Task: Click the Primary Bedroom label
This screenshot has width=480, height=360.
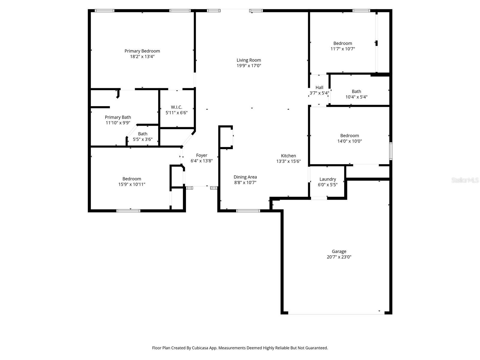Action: click(x=142, y=51)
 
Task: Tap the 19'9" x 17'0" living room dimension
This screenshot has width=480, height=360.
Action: click(x=249, y=66)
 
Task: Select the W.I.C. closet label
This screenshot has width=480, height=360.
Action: click(x=176, y=107)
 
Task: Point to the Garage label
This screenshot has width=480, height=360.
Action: click(x=339, y=251)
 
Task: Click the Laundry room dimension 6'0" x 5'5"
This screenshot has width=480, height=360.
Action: click(x=328, y=184)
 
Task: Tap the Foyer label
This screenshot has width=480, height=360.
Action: click(x=202, y=155)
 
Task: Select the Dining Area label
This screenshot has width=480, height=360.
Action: click(x=245, y=177)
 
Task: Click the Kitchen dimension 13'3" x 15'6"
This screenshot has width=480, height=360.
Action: click(x=288, y=161)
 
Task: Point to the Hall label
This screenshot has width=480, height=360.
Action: click(x=319, y=88)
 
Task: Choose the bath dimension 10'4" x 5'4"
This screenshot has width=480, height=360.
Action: click(x=356, y=97)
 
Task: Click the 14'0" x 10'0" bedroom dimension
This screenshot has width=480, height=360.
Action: click(x=349, y=141)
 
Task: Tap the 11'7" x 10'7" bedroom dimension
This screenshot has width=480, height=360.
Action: click(x=343, y=49)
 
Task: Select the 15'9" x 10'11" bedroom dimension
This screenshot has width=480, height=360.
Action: click(x=132, y=184)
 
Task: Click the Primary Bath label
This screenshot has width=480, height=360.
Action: click(x=118, y=117)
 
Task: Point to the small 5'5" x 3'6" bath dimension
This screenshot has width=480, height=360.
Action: click(x=143, y=139)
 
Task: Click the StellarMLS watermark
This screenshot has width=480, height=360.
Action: click(x=465, y=180)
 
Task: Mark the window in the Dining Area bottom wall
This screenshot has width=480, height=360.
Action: click(x=248, y=211)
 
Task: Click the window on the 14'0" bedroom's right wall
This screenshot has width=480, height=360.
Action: click(x=391, y=151)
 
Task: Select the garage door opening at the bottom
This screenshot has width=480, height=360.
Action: click(x=336, y=313)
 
